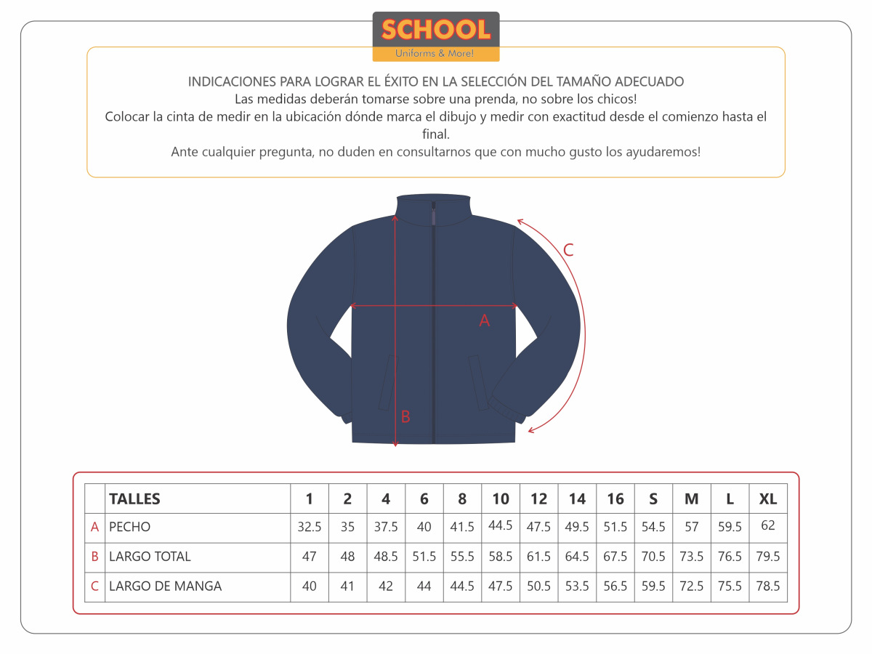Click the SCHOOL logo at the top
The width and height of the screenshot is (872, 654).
click(x=436, y=31)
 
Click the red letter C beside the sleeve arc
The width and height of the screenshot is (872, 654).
click(x=568, y=250)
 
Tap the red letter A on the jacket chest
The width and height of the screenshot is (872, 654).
click(x=485, y=320)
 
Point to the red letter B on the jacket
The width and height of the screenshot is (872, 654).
click(x=405, y=417)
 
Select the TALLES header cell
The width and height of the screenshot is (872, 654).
click(x=134, y=499)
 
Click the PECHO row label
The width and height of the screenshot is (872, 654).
click(x=130, y=527)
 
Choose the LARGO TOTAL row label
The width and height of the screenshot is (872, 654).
click(x=150, y=557)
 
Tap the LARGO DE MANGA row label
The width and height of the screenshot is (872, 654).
click(x=165, y=586)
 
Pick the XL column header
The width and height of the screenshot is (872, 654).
click(x=768, y=499)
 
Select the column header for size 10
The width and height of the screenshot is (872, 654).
click(x=501, y=499)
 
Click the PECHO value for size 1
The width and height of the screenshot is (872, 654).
click(x=310, y=527)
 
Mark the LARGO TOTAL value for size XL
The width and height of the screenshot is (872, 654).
click(x=768, y=557)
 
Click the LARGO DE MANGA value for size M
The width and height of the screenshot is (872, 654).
click(x=692, y=586)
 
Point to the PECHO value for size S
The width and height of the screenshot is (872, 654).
click(x=653, y=527)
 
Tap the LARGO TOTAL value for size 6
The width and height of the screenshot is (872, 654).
click(x=424, y=557)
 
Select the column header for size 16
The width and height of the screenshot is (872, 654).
click(x=615, y=499)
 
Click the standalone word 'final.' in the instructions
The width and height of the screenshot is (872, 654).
click(x=436, y=134)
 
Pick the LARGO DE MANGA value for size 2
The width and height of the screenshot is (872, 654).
click(x=347, y=586)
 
